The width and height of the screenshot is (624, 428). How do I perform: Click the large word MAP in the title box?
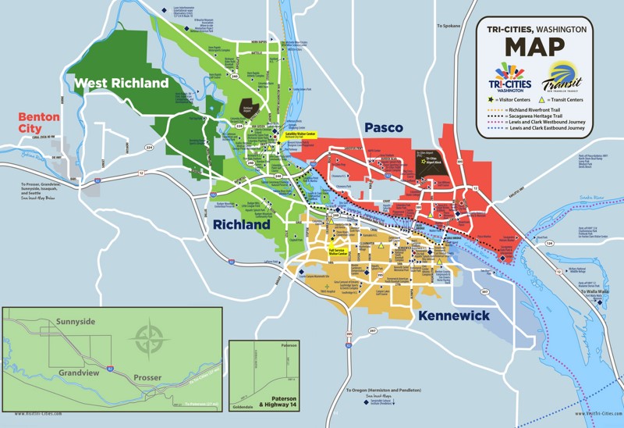(534, 47)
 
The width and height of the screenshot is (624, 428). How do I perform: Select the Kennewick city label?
(453, 316)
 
